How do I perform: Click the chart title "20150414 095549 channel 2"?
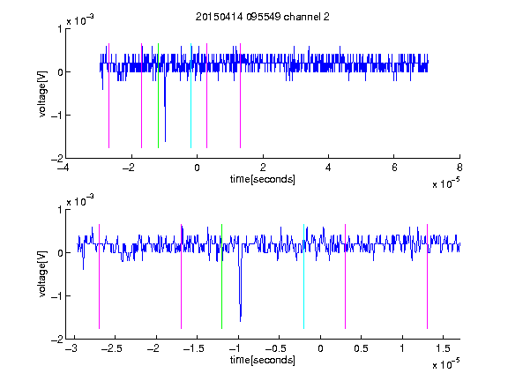pos(263,17)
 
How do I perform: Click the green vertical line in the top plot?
pos(158,95)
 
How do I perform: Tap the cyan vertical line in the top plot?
pos(190,95)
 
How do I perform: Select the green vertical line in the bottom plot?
pos(221,276)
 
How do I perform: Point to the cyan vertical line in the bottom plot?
pos(303,276)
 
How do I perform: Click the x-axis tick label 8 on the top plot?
pos(459,168)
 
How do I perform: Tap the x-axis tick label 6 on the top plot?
pos(394,168)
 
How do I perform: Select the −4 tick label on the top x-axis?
pos(63,168)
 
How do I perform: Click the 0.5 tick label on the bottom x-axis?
pos(361,348)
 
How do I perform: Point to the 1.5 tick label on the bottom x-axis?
pos(443,348)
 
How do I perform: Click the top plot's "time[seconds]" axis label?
pos(263,179)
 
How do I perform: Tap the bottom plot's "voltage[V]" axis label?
pos(42,273)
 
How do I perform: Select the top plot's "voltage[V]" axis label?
pos(42,93)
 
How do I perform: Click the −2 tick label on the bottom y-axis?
pos(57,340)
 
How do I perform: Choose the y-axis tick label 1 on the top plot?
pos(60,29)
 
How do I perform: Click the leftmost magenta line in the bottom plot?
pos(99,276)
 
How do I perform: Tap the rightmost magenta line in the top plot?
pos(240,95)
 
